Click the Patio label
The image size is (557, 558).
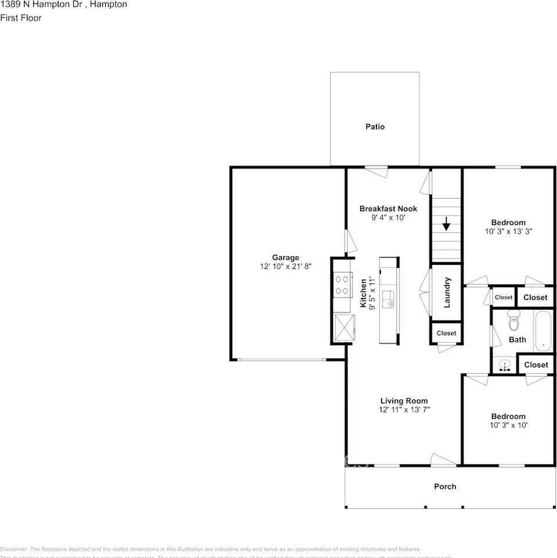(x=375, y=126)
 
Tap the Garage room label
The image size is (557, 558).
(x=285, y=257)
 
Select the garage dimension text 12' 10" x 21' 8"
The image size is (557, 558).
(x=285, y=266)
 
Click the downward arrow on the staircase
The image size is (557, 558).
(x=445, y=224)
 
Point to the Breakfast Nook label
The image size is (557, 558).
(x=388, y=209)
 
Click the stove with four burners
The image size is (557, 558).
(x=342, y=285)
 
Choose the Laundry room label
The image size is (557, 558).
(x=448, y=292)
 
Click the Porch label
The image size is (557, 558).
(x=445, y=486)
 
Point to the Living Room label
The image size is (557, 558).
(x=404, y=400)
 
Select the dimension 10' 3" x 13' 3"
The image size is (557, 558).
(x=508, y=231)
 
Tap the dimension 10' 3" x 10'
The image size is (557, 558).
(x=508, y=425)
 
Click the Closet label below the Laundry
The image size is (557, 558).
(x=446, y=333)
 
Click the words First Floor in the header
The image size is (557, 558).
(x=21, y=18)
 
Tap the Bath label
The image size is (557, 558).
(x=517, y=339)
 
